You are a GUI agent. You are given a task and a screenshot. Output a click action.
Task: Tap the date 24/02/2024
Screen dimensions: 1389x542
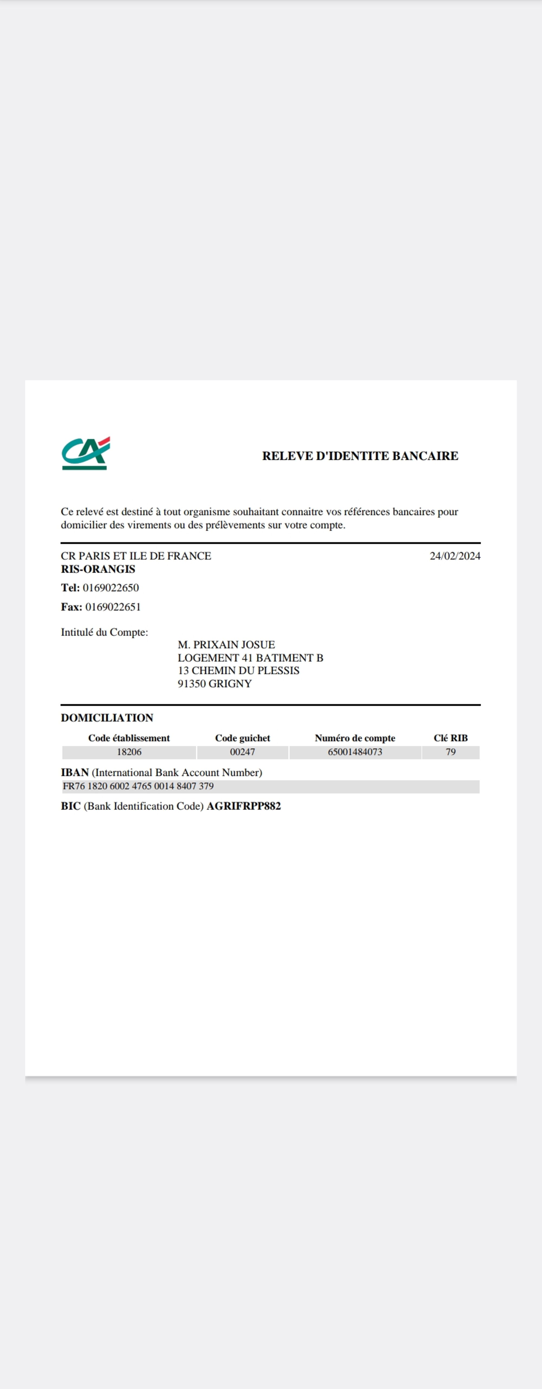(455, 556)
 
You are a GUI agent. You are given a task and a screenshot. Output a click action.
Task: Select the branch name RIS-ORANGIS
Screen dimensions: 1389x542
(98, 570)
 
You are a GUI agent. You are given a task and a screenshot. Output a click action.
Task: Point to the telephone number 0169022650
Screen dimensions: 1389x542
(111, 588)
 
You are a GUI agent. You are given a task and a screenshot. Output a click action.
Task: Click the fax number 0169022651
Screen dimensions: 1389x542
(113, 607)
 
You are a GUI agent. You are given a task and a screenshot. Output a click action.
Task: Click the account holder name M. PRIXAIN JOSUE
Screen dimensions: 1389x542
(227, 645)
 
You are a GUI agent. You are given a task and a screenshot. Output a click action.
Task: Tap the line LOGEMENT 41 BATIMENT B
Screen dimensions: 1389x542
(250, 658)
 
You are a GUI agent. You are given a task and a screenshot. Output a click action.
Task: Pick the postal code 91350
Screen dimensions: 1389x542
(191, 684)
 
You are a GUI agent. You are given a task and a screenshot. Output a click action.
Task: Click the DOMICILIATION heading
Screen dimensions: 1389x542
(107, 718)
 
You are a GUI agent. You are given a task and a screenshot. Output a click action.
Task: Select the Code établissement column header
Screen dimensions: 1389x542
(129, 738)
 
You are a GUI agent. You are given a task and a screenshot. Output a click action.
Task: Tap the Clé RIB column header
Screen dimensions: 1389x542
(450, 738)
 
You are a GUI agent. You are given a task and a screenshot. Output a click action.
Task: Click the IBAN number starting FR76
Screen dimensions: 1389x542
(138, 786)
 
